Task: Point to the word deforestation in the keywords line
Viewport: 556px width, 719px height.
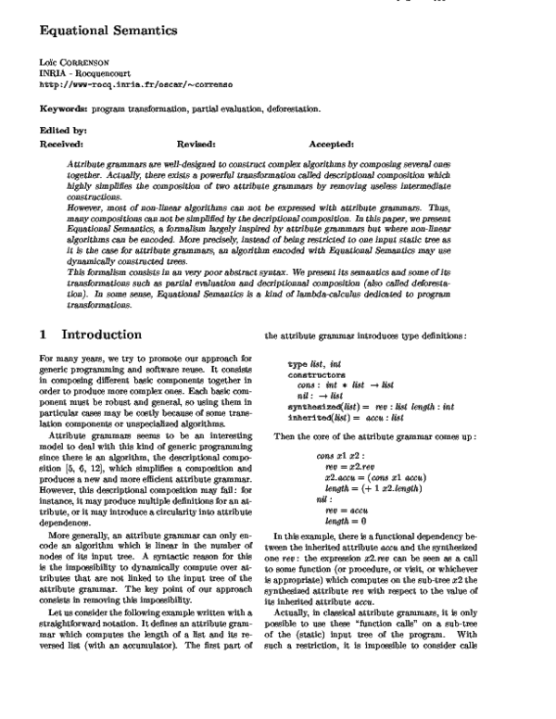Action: [289, 108]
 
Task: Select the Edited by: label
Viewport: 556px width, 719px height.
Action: [63, 131]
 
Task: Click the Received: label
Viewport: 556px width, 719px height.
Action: [62, 145]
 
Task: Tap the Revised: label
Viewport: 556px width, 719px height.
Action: [196, 145]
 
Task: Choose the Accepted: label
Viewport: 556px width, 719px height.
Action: [332, 145]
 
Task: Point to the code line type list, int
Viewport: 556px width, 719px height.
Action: [316, 340]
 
